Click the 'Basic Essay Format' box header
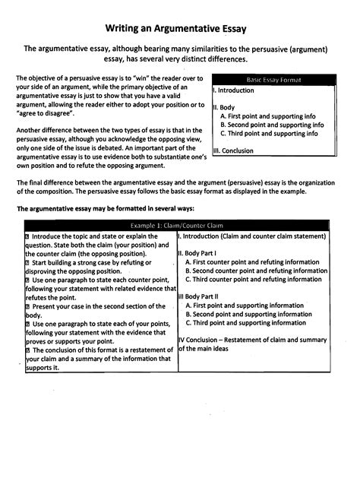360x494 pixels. click(273, 79)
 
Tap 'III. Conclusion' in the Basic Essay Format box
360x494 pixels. click(235, 150)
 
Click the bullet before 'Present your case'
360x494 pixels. click(28, 306)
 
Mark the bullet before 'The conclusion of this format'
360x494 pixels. click(28, 350)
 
